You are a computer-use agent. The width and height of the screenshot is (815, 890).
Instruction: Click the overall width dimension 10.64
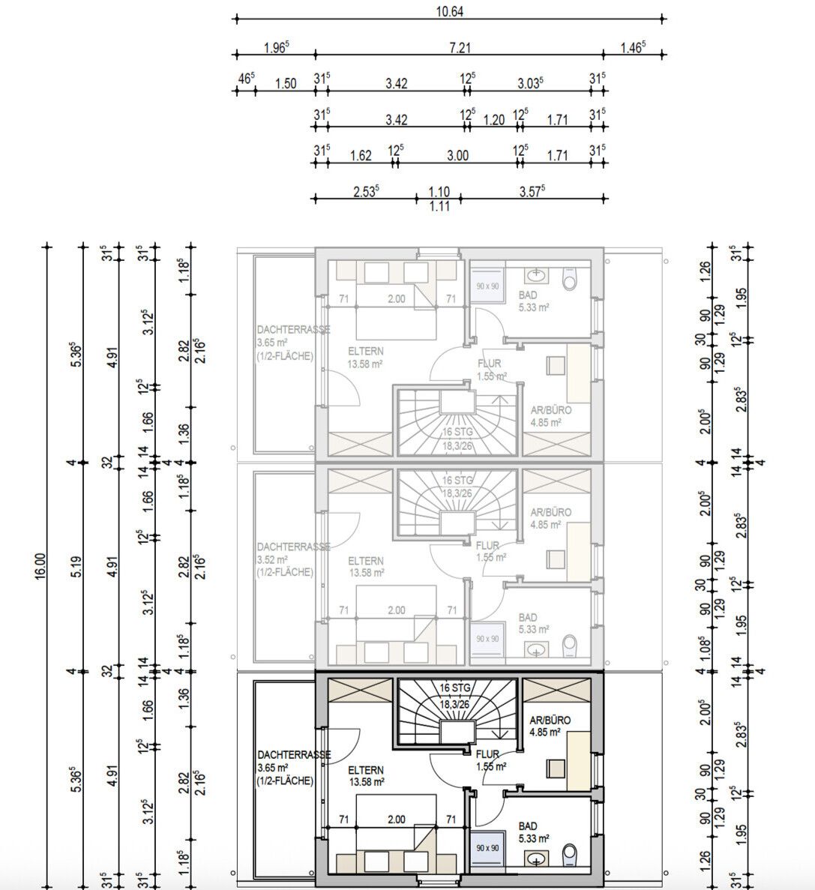(448, 10)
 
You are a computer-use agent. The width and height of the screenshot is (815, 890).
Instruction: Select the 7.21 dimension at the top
(459, 47)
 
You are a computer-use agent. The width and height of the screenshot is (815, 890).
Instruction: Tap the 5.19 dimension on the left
(76, 565)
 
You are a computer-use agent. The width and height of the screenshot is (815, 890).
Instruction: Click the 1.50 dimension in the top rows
(285, 83)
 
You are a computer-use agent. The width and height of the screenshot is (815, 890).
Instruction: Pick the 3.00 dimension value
(457, 155)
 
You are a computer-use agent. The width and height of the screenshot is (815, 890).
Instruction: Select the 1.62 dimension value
(361, 155)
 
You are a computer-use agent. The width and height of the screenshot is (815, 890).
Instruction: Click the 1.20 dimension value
(493, 119)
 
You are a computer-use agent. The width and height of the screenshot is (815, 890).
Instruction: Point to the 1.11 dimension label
(439, 207)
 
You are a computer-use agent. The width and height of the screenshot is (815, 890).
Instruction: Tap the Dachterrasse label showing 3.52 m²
(285, 559)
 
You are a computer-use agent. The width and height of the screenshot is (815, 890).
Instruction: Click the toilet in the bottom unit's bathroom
(570, 853)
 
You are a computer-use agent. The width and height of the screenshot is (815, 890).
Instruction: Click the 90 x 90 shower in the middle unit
(487, 638)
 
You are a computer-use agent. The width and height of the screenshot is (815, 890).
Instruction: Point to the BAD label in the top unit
(528, 296)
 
